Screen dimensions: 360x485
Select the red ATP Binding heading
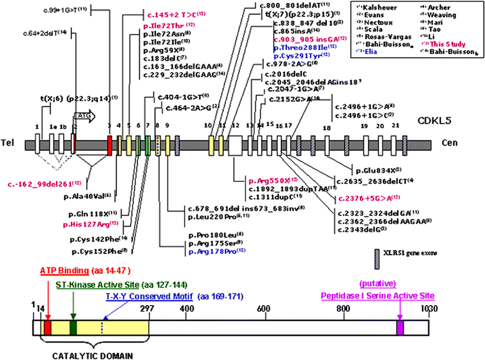(63, 271)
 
